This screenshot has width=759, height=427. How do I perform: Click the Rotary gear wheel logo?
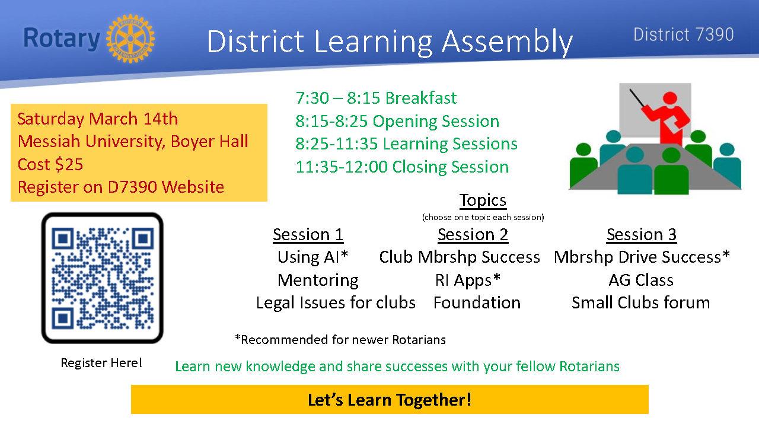pyautogui.click(x=130, y=39)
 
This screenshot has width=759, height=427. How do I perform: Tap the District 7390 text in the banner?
pyautogui.click(x=684, y=34)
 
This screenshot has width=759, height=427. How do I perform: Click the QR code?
pyautogui.click(x=103, y=278)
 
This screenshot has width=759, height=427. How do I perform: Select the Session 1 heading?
pyautogui.click(x=308, y=234)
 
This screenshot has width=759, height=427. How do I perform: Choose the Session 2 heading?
pyautogui.click(x=473, y=234)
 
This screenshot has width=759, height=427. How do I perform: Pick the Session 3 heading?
pyautogui.click(x=642, y=234)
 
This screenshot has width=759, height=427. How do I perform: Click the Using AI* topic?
pyautogui.click(x=312, y=257)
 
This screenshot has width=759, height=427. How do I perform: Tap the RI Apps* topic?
pyautogui.click(x=468, y=281)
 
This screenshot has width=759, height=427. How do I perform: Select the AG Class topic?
pyautogui.click(x=641, y=280)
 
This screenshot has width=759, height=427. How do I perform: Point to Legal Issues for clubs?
pyautogui.click(x=336, y=302)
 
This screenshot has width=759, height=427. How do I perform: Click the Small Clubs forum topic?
pyautogui.click(x=641, y=302)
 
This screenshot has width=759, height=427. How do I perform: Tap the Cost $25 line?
pyautogui.click(x=50, y=164)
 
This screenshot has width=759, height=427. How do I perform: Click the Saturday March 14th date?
pyautogui.click(x=98, y=119)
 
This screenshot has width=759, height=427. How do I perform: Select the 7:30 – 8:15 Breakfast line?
pyautogui.click(x=376, y=98)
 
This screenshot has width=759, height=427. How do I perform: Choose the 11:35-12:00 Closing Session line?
pyautogui.click(x=402, y=167)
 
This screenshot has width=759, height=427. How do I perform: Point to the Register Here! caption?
pyautogui.click(x=101, y=363)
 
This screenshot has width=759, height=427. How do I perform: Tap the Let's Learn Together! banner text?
pyautogui.click(x=390, y=400)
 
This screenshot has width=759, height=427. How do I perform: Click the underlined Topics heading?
pyautogui.click(x=483, y=200)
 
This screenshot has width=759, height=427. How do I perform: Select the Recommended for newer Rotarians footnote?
pyautogui.click(x=340, y=339)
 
